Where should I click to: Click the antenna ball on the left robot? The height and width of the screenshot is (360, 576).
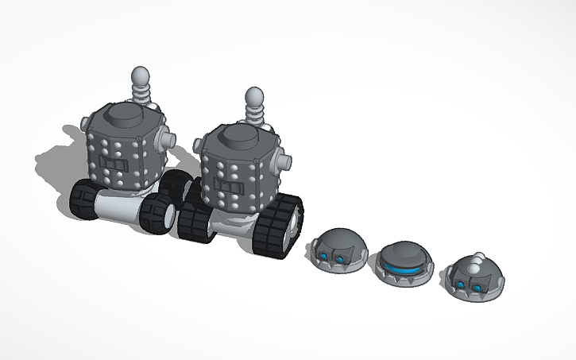(140, 77)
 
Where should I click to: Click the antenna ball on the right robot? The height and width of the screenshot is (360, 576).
(254, 99)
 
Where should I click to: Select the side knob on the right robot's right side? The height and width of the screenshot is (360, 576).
(281, 164)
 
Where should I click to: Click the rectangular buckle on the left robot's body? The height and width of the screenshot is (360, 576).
(114, 166)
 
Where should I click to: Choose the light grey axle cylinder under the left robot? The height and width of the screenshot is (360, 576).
(119, 209)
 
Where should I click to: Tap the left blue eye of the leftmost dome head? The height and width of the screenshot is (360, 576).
(326, 255)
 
